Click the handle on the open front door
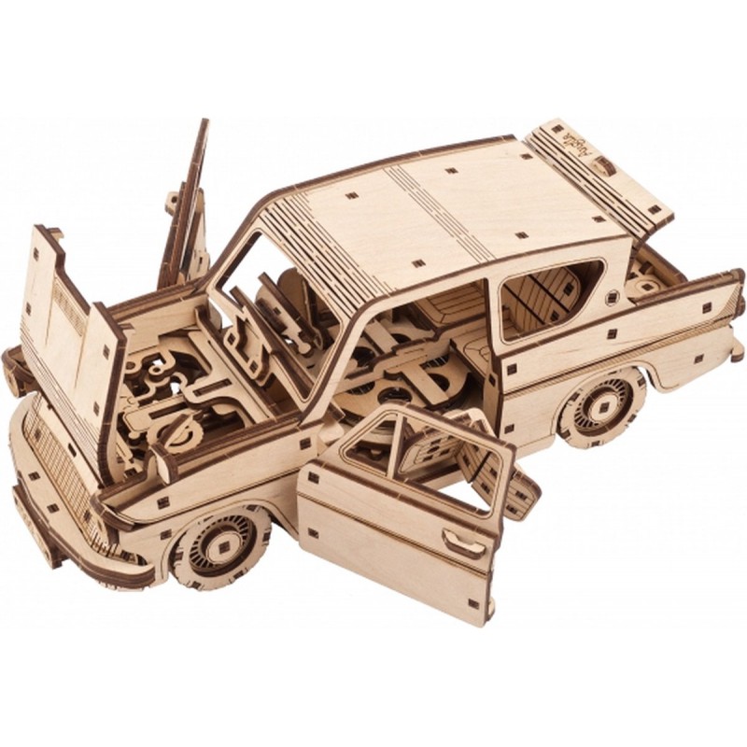point(463,543)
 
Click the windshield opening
point(271,299)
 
